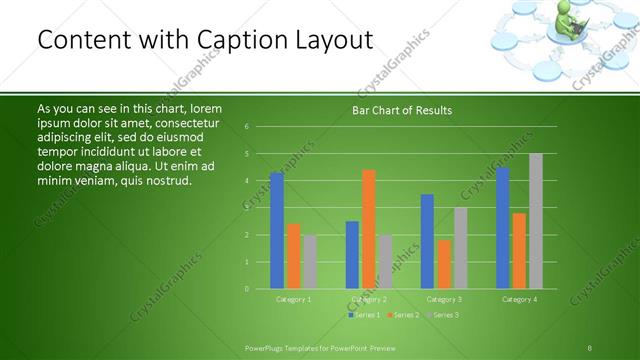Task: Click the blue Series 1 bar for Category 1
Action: (277, 231)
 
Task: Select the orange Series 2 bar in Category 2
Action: (369, 229)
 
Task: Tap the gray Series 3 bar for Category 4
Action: (535, 221)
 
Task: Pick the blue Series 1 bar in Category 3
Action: (427, 241)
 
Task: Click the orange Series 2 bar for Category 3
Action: (444, 264)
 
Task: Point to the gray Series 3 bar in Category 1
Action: (310, 262)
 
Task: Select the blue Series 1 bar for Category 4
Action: (502, 228)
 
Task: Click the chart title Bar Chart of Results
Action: (402, 110)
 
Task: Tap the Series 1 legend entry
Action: (363, 315)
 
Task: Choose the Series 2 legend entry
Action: (402, 315)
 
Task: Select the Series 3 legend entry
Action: (442, 315)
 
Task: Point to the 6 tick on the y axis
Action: (246, 127)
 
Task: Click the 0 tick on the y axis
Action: (246, 289)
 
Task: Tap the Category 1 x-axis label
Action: (293, 299)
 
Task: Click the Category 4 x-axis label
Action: (519, 299)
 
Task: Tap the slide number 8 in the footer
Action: (589, 347)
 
